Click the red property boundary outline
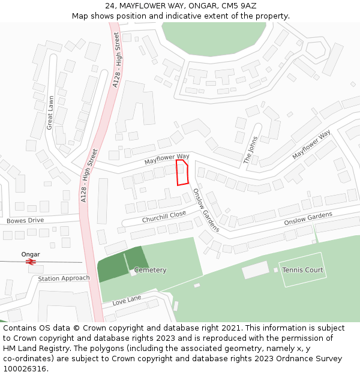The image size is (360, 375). click(x=182, y=172)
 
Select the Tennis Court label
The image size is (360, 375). click(x=302, y=270)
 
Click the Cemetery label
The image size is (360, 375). click(x=150, y=270)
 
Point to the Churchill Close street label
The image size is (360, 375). click(x=164, y=217)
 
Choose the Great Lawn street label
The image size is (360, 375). click(x=50, y=113)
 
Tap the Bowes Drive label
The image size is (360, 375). click(x=25, y=220)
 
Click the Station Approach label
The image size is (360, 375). click(x=64, y=278)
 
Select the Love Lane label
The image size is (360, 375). click(x=127, y=300)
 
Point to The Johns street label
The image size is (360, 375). click(x=250, y=151)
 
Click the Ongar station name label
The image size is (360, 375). click(x=31, y=254)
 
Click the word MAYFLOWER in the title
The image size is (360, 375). click(x=148, y=5)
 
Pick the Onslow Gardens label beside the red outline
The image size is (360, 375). click(x=206, y=212)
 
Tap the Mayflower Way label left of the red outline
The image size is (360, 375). click(x=166, y=159)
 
